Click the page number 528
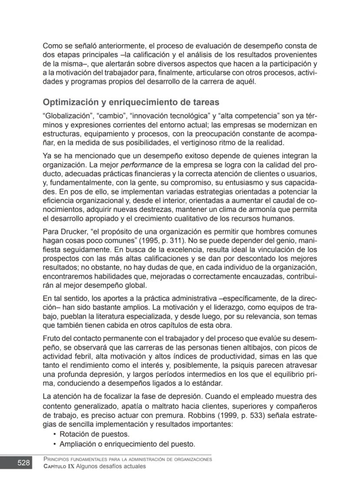click(23, 463)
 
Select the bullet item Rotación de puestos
click(94, 434)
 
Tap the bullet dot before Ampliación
click(54, 444)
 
